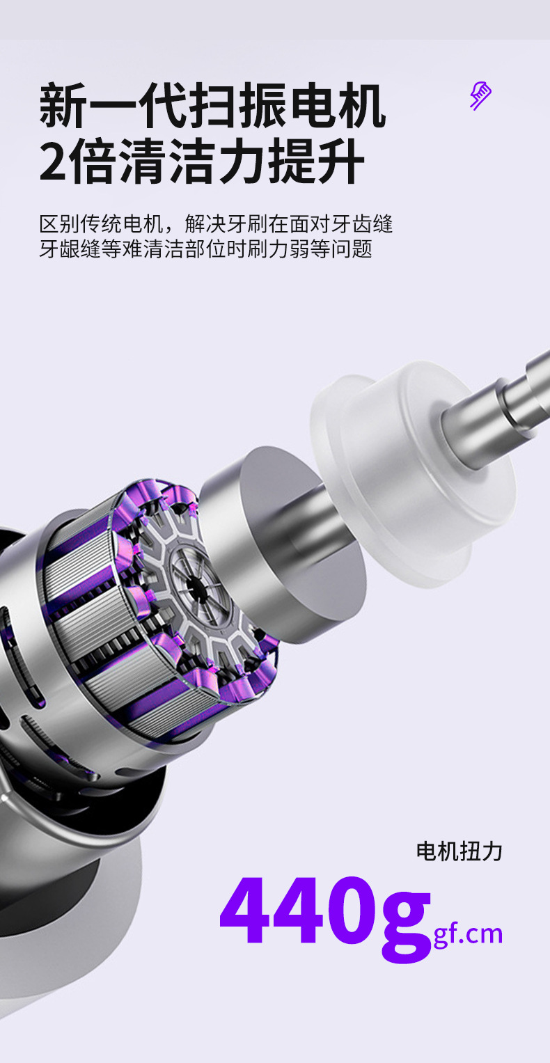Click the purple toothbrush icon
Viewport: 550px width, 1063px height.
480,96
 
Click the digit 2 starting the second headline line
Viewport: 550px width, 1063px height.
53,161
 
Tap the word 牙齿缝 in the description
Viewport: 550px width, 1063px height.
361,224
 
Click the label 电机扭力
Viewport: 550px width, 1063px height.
459,851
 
